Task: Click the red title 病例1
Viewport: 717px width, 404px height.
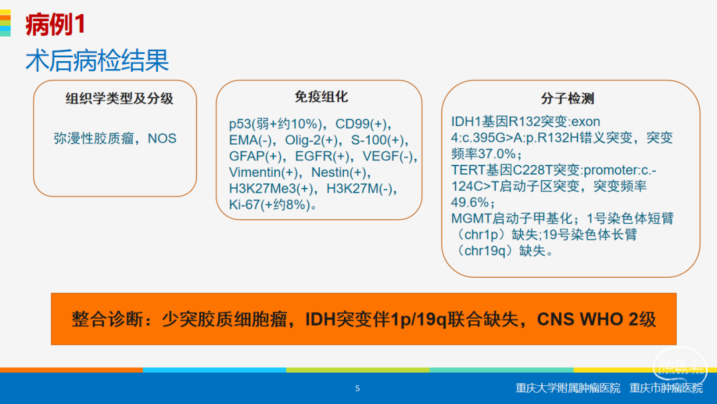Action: click(55, 24)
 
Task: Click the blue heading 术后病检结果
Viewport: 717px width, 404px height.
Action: click(97, 60)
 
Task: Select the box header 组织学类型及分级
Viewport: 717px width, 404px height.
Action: click(119, 98)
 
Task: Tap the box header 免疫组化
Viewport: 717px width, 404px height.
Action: click(321, 96)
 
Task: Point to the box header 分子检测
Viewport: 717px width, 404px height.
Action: click(567, 98)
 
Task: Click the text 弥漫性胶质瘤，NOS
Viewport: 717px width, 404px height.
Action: click(116, 138)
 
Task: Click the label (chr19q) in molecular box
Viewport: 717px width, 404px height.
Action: click(485, 251)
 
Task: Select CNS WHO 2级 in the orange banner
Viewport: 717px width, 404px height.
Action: click(596, 320)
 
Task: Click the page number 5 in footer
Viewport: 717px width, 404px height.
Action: click(358, 389)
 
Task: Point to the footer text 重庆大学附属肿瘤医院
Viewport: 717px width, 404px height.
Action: click(568, 389)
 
